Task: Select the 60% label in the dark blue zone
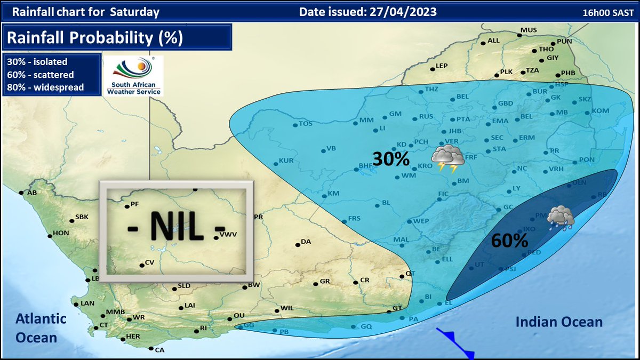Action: (509, 241)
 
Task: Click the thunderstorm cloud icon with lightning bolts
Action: (447, 158)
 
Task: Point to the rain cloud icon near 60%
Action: (561, 218)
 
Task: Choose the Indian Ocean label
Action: (559, 322)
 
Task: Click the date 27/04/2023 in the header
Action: (403, 12)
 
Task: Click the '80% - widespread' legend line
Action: (45, 87)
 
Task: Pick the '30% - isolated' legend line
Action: (37, 61)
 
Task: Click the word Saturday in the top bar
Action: (134, 12)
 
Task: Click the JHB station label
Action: (454, 131)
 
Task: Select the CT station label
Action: (103, 325)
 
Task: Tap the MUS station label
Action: (528, 30)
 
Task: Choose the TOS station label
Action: (305, 124)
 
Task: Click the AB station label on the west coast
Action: (31, 193)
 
